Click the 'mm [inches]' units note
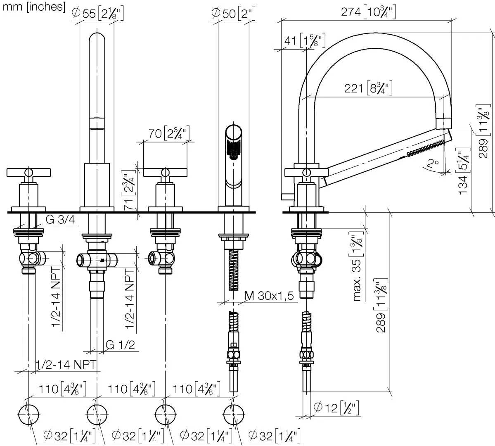tap(33, 7)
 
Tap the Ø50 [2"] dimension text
tap(233, 14)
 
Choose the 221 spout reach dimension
tap(368, 88)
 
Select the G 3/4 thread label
tap(60, 220)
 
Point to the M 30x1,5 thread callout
tap(269, 296)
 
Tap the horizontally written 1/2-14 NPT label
tap(66, 364)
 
